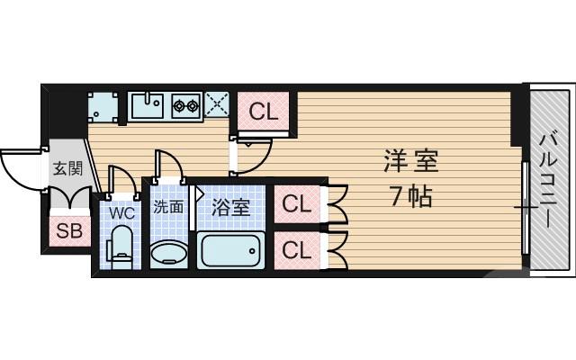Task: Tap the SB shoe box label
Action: [x=69, y=231]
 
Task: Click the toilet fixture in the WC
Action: [x=121, y=246]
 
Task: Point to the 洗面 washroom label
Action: [x=167, y=206]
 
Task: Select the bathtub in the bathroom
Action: [x=231, y=250]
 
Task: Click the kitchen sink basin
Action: [x=148, y=106]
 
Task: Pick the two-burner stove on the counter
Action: [x=185, y=106]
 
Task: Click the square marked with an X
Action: [x=217, y=105]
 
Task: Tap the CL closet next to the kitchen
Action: [x=264, y=112]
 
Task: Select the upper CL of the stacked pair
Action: [x=296, y=204]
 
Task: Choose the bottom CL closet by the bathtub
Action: [x=296, y=249]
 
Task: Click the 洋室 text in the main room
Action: [x=410, y=162]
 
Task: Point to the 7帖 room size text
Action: [x=410, y=195]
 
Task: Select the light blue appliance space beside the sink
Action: [x=103, y=106]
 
